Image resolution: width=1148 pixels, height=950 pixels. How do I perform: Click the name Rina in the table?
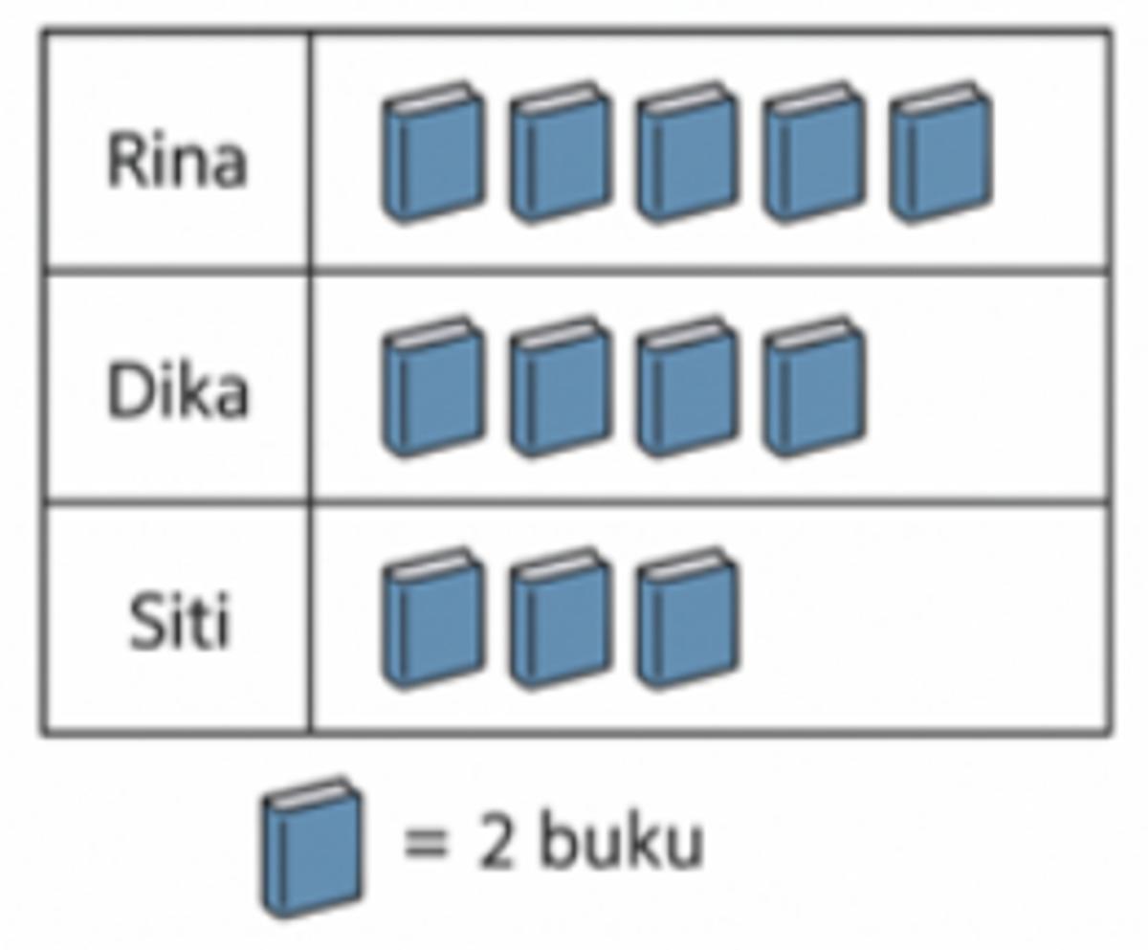[177, 161]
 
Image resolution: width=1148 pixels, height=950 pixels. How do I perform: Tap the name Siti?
[179, 621]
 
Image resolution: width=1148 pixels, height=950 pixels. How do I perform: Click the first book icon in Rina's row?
[433, 152]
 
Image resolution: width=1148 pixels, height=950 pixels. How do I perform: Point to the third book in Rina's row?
[687, 152]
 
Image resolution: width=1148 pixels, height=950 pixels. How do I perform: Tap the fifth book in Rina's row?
[940, 152]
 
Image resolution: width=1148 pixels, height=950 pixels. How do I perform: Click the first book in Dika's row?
[433, 386]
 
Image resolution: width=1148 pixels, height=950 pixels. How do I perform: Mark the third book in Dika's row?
[687, 386]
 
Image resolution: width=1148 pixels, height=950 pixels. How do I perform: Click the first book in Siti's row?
[433, 618]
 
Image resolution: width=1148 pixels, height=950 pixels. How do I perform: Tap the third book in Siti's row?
[687, 618]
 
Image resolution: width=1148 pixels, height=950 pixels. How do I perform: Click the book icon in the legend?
[312, 848]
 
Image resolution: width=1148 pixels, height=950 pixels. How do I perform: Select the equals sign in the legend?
[426, 845]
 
